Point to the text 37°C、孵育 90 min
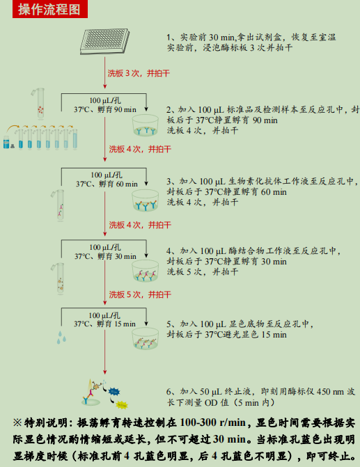105,110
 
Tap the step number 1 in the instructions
169,37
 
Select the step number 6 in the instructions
169,393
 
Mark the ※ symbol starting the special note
17,423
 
